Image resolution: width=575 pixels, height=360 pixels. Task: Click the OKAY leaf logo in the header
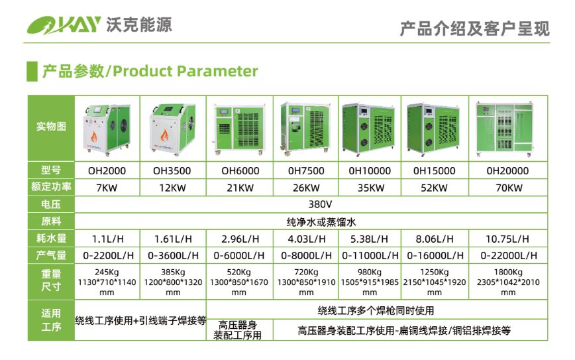click(x=64, y=25)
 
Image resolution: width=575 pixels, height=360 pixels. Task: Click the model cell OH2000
click(x=107, y=170)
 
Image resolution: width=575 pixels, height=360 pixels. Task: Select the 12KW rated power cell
click(x=172, y=188)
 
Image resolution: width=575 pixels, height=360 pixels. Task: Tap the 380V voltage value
click(x=320, y=204)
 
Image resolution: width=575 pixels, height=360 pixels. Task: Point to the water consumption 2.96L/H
click(x=240, y=239)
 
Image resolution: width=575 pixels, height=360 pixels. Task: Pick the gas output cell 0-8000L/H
click(x=306, y=255)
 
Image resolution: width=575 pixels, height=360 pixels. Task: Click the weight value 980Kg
click(x=369, y=272)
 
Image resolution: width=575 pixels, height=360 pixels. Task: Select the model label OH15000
click(x=434, y=170)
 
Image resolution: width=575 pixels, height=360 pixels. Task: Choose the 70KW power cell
click(x=509, y=188)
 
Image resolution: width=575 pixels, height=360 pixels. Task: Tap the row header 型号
click(x=51, y=170)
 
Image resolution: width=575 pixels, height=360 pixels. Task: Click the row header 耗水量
click(x=51, y=238)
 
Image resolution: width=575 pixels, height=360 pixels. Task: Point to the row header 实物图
click(x=51, y=127)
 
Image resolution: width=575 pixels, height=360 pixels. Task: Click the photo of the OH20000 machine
click(x=505, y=129)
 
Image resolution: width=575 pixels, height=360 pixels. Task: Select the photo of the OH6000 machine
click(x=239, y=129)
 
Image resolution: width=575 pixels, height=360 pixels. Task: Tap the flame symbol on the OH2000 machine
click(x=95, y=137)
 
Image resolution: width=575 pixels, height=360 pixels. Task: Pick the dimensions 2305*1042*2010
click(x=508, y=282)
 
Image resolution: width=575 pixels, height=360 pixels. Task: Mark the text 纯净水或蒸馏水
click(x=321, y=221)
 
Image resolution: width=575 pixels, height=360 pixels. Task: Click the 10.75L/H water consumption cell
click(x=507, y=239)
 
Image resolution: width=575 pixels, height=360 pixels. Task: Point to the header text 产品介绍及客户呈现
click(x=474, y=29)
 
